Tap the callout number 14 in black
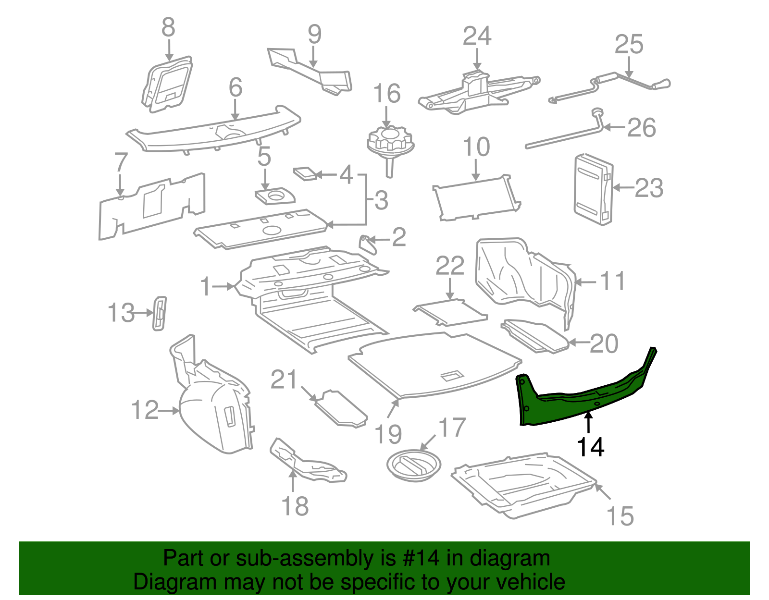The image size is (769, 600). [590, 447]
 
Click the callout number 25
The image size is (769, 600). [629, 45]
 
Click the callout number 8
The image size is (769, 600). [168, 27]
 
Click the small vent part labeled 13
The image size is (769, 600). [159, 313]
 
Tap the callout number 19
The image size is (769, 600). [388, 434]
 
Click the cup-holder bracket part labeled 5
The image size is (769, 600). [274, 196]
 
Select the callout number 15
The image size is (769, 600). [620, 516]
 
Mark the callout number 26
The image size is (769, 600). [641, 128]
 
